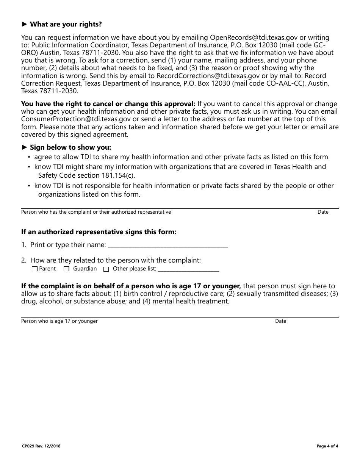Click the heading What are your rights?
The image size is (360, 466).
pyautogui.click(x=66, y=25)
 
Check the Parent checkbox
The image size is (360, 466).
pyautogui.click(x=35, y=269)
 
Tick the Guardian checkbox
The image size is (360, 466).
pyautogui.click(x=66, y=269)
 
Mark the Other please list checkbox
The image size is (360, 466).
pyautogui.click(x=106, y=269)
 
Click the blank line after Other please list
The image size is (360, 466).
pyautogui.click(x=188, y=269)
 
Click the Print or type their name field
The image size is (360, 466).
pyautogui.click(x=168, y=245)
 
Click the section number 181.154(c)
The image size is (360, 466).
pyautogui.click(x=118, y=176)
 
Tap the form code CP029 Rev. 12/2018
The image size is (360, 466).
pyautogui.click(x=41, y=446)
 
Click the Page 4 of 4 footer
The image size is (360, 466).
pyautogui.click(x=327, y=446)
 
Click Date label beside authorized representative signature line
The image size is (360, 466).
pyautogui.click(x=323, y=212)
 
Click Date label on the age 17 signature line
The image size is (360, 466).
pyautogui.click(x=280, y=321)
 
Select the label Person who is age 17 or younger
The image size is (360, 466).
pyautogui.click(x=59, y=321)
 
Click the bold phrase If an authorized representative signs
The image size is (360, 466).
pyautogui.click(x=99, y=232)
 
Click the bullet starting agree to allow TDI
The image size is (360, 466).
pyautogui.click(x=181, y=157)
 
